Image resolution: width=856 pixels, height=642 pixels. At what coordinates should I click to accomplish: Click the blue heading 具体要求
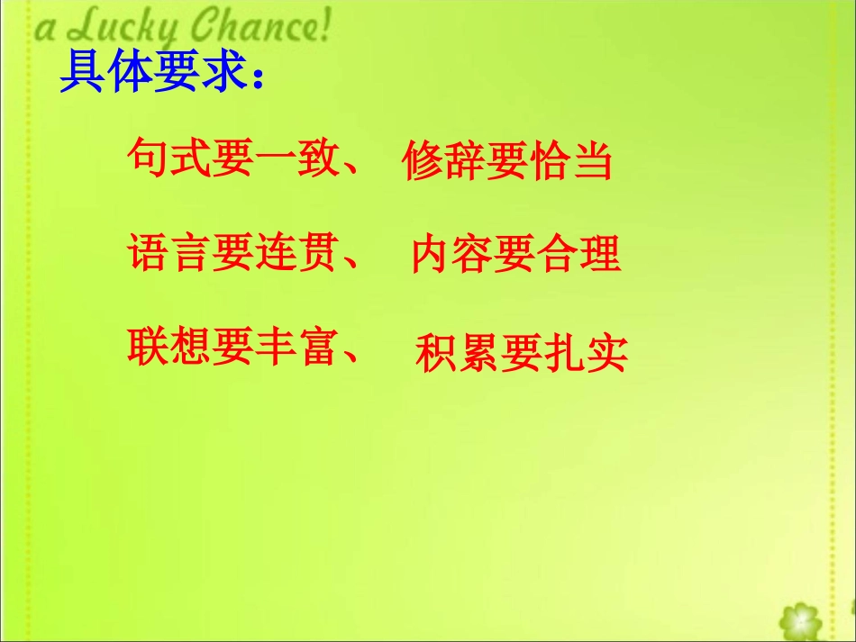click(x=153, y=74)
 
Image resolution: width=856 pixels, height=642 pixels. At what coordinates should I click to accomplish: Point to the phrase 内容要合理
click(x=516, y=255)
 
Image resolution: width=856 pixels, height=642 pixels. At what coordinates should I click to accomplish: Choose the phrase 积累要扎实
click(x=521, y=354)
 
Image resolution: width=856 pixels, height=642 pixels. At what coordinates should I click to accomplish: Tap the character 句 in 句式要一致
click(x=147, y=159)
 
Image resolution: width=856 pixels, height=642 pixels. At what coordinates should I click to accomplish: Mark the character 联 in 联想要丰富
click(x=147, y=347)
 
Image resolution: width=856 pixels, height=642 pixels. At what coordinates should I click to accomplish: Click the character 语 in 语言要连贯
click(x=147, y=253)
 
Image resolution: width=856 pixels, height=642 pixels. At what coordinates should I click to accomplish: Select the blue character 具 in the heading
click(x=80, y=74)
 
